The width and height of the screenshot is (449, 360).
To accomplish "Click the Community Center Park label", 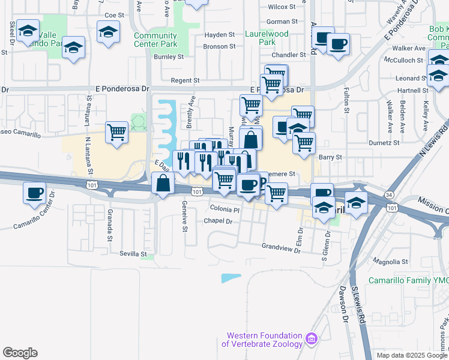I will [x=155, y=40].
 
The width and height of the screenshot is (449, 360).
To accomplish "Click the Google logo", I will [x=20, y=353].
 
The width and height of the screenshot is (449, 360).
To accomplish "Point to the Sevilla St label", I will [x=133, y=254].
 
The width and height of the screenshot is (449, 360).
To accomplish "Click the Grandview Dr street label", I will [x=281, y=247].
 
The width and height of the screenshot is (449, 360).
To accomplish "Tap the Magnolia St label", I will [x=390, y=262].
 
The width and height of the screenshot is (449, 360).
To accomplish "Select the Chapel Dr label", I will [x=218, y=221].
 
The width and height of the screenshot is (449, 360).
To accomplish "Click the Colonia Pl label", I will [x=224, y=209].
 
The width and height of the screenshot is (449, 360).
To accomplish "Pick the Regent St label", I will [x=184, y=80].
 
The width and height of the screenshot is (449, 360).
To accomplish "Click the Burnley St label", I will [x=168, y=57].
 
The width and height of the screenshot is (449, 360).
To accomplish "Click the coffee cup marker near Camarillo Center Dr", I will [x=35, y=193].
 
